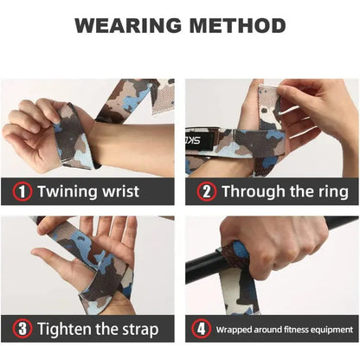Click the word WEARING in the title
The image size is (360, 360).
[125, 25]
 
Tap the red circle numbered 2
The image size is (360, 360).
[206, 191]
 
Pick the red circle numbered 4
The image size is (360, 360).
[201, 329]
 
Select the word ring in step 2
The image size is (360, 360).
[331, 191]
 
